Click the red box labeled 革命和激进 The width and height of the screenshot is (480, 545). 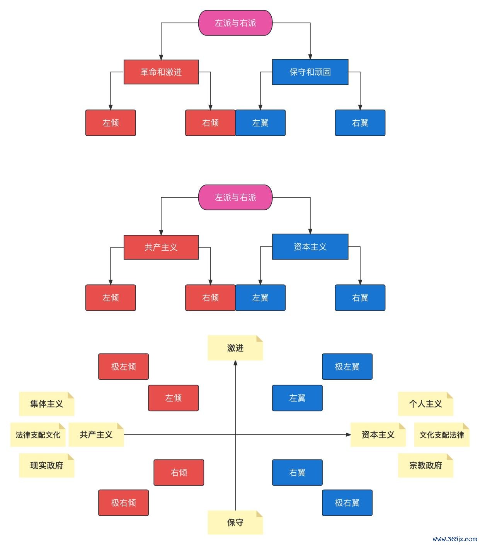point(161,72)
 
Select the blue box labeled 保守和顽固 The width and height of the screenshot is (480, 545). point(310,72)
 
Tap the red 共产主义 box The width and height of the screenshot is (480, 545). point(161,247)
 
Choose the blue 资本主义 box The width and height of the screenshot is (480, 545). point(310,247)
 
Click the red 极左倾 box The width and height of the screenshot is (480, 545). point(123,366)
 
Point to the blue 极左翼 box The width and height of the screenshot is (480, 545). point(347,366)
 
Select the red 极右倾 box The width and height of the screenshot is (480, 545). point(123,502)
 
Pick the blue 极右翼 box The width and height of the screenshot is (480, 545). point(347,502)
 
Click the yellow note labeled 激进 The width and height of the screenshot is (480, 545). point(235,348)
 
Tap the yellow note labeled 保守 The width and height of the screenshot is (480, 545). point(235,523)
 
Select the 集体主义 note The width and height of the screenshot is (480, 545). point(46,404)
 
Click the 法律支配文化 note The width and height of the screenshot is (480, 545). point(38,435)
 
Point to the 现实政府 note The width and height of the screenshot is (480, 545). point(46,465)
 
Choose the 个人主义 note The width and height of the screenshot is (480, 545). point(426,404)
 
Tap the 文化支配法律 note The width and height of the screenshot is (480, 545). point(442,435)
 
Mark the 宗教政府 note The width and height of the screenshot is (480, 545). point(426,465)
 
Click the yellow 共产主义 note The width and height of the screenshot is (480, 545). point(96,435)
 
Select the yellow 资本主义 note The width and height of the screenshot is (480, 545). point(378,435)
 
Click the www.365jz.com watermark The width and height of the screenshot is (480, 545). point(455,539)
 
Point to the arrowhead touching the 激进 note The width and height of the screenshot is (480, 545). point(235,362)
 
